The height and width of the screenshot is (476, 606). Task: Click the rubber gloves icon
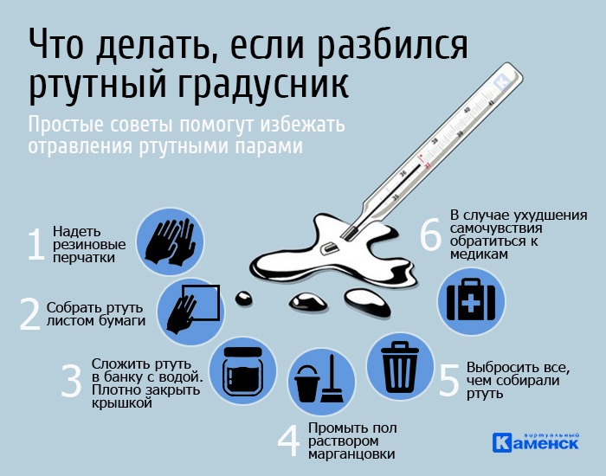(x=170, y=242)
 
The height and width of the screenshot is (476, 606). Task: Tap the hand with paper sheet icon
(x=192, y=309)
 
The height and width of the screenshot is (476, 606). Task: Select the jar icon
(x=243, y=371)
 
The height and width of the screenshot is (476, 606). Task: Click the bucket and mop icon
(x=319, y=380)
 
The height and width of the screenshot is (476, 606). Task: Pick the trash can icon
(x=400, y=367)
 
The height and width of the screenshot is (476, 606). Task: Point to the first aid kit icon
(x=471, y=300)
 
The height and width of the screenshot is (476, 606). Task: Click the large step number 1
(x=36, y=244)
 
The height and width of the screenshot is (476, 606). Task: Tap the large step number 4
(x=288, y=441)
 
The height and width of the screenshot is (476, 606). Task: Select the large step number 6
(x=430, y=235)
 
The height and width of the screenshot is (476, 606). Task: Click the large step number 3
(x=72, y=381)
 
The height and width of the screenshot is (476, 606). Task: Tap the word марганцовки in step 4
(x=351, y=454)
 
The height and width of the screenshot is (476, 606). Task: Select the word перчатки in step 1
(x=83, y=258)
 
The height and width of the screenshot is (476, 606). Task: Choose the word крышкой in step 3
(x=122, y=403)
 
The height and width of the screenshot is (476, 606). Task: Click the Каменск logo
(x=536, y=442)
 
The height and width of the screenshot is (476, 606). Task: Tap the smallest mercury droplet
(x=244, y=298)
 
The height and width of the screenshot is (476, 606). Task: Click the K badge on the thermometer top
(x=501, y=82)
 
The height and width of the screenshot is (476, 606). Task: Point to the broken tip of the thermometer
(x=349, y=233)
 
